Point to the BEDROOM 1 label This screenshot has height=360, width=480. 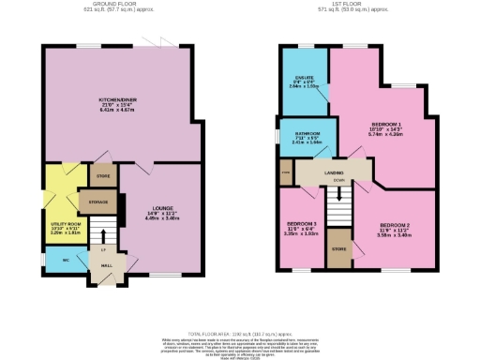pyautogui.click(x=386, y=124)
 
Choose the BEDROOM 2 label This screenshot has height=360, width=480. pyautogui.click(x=395, y=226)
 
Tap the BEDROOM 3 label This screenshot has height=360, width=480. pyautogui.click(x=302, y=225)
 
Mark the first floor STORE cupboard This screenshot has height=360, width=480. pyautogui.click(x=338, y=248)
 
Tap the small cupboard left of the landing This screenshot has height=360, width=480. pyautogui.click(x=285, y=173)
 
